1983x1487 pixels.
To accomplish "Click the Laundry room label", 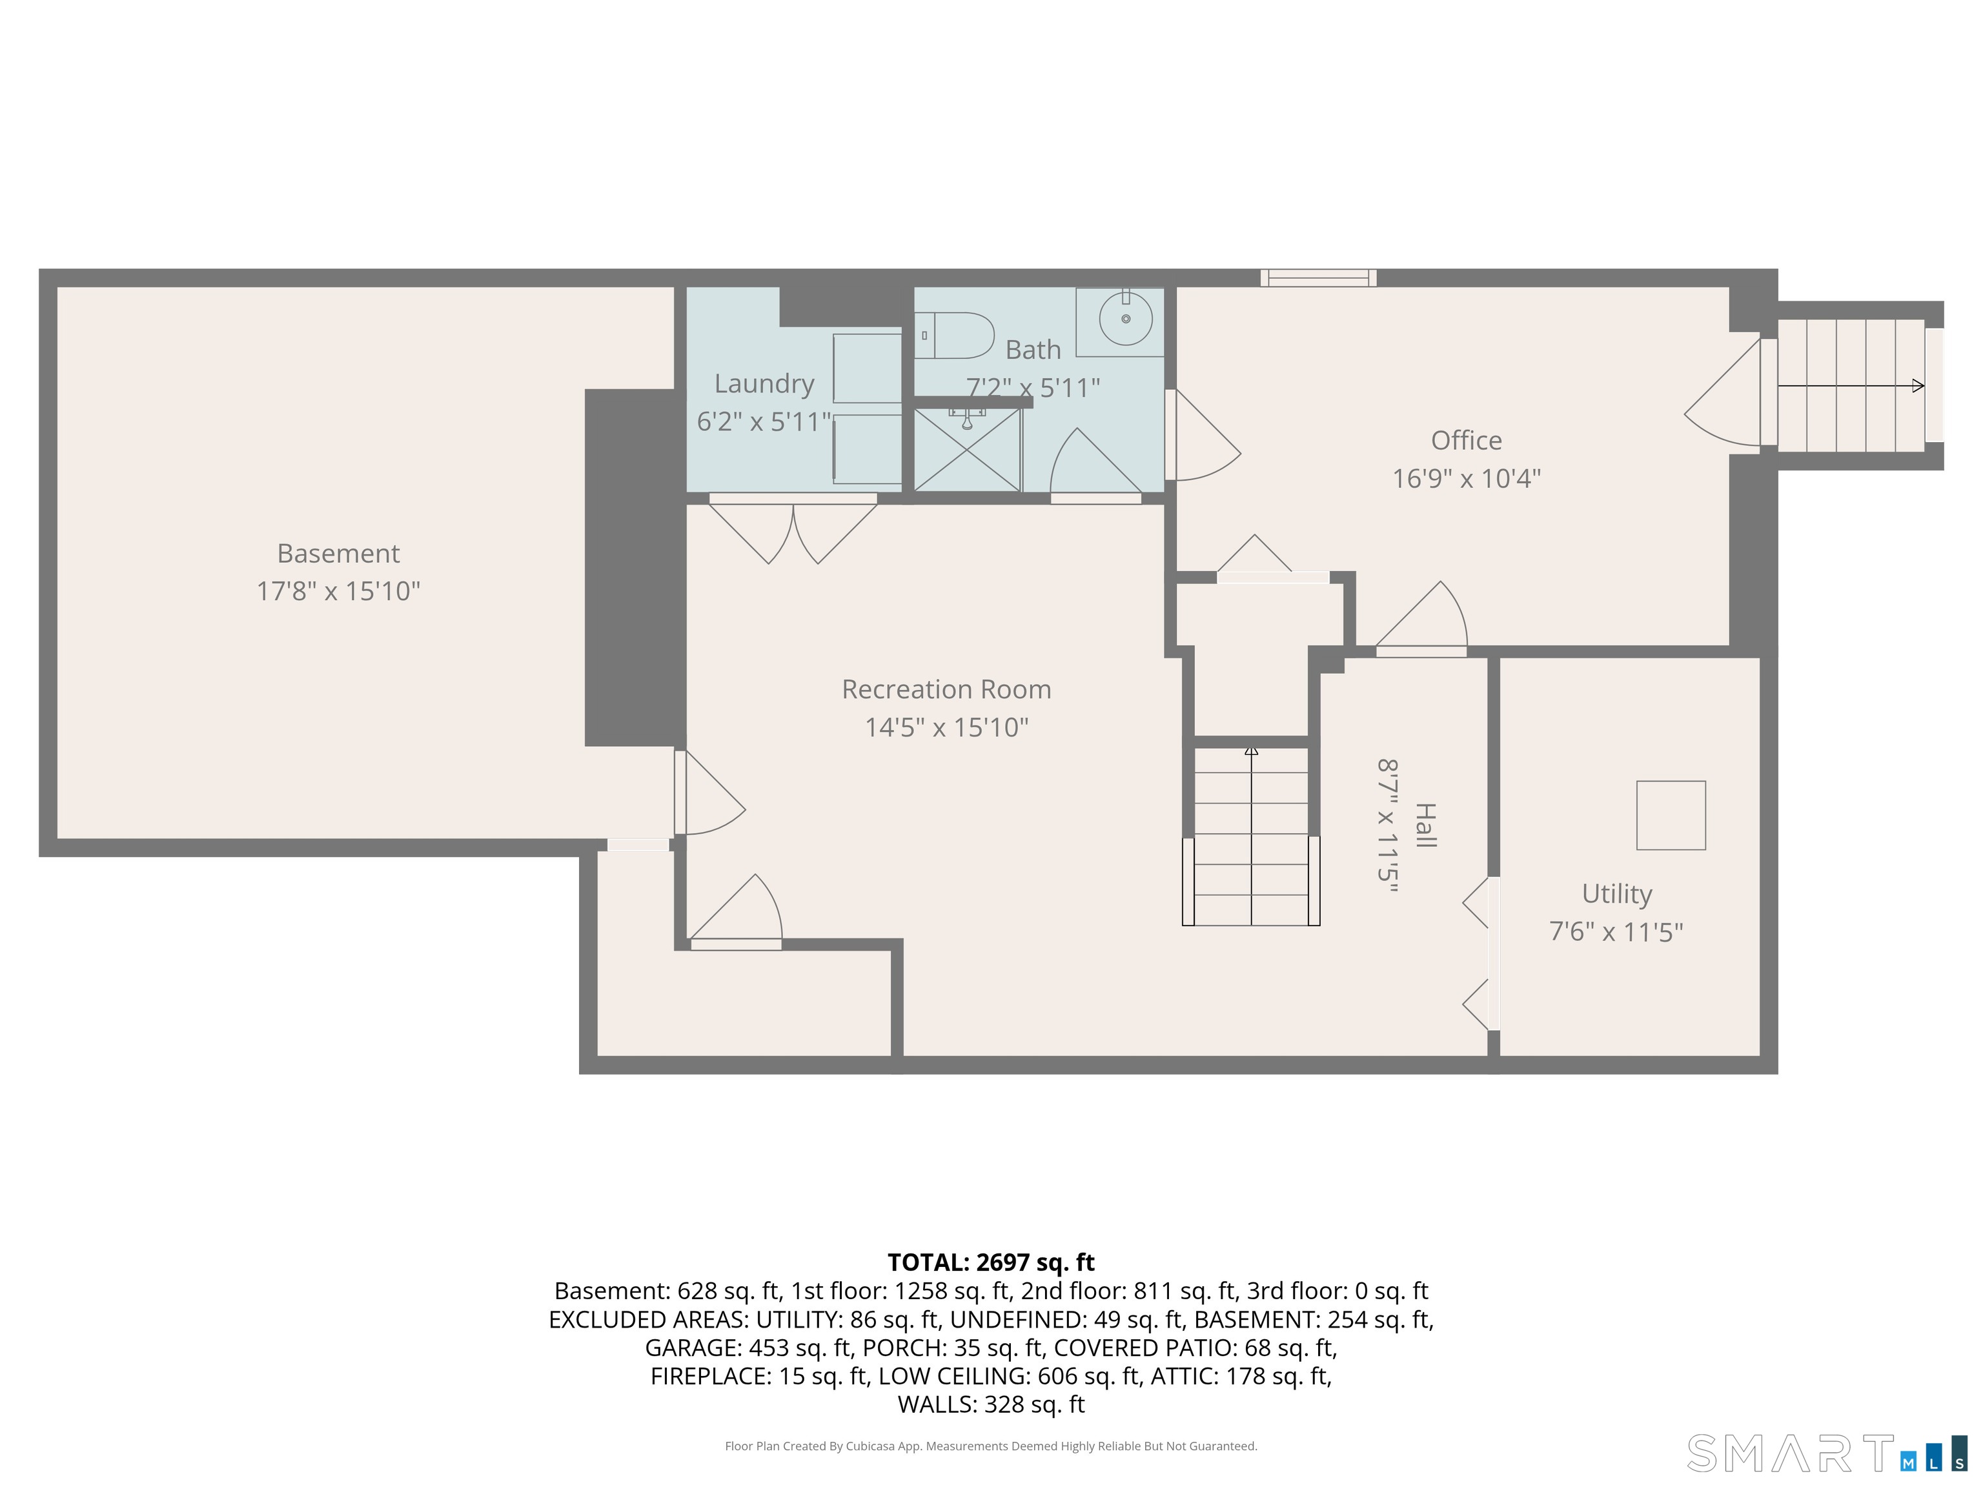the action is [x=764, y=383].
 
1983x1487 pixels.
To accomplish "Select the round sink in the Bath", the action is [x=1126, y=318].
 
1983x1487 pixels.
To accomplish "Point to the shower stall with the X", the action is [x=968, y=450].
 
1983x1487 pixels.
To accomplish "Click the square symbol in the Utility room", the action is [x=1671, y=814].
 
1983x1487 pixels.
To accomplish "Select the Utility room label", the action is [x=1616, y=894].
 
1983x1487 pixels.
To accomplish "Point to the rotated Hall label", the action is [x=1425, y=825].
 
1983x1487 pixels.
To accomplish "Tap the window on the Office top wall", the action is [x=1318, y=278].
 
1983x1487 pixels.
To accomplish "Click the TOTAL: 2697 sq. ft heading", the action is [x=991, y=1262].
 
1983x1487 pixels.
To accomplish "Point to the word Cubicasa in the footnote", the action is [x=869, y=1446].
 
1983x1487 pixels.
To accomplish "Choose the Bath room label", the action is [x=1033, y=350].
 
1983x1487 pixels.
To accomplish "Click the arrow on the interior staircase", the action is [x=1252, y=835].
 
